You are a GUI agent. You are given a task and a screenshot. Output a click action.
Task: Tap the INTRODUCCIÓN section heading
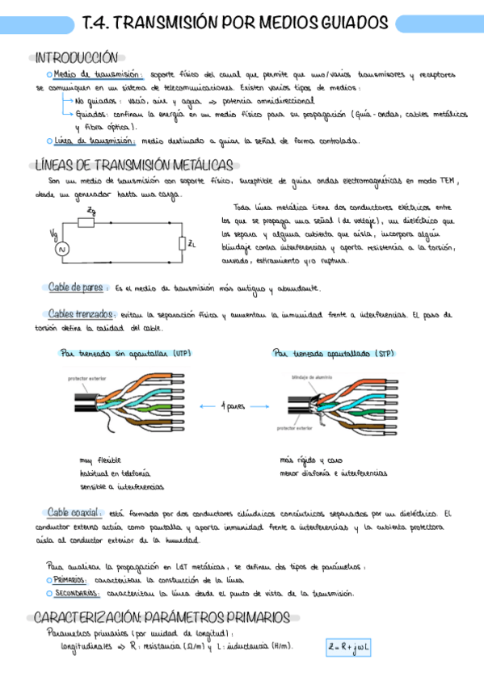click(77, 57)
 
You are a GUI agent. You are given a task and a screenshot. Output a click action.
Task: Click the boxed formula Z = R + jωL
click(348, 648)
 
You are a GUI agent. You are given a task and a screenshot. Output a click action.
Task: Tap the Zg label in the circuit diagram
click(91, 212)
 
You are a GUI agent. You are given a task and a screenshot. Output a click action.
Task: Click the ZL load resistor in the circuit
click(183, 242)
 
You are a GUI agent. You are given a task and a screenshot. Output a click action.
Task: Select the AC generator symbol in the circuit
click(58, 250)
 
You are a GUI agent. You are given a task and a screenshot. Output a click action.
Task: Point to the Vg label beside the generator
click(53, 234)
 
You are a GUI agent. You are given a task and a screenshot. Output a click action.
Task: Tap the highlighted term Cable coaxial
click(74, 512)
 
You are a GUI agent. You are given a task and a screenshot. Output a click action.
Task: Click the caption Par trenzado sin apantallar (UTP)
click(125, 353)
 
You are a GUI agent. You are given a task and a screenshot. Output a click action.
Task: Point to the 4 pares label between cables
click(234, 406)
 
